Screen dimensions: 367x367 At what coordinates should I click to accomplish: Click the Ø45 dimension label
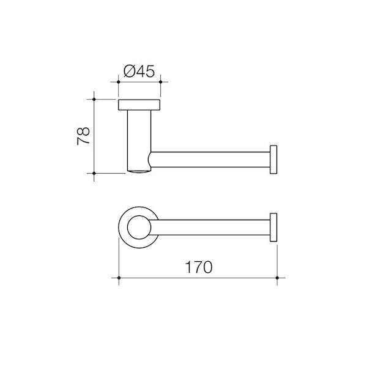(x=138, y=71)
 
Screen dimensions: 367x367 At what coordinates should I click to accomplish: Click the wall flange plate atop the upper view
(x=139, y=104)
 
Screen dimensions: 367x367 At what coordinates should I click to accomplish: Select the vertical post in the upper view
(x=139, y=138)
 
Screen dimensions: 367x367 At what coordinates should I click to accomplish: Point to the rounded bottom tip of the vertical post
(x=139, y=171)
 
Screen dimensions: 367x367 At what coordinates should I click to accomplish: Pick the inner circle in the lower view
(x=139, y=228)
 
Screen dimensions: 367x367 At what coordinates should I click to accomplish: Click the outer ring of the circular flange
(x=122, y=228)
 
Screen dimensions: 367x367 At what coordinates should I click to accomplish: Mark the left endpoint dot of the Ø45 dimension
(x=118, y=81)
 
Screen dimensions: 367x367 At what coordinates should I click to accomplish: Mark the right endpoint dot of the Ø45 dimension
(x=160, y=81)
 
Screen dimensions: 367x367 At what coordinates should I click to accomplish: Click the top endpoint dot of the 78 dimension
(x=95, y=98)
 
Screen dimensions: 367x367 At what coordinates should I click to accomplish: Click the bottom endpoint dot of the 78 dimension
(x=95, y=174)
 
